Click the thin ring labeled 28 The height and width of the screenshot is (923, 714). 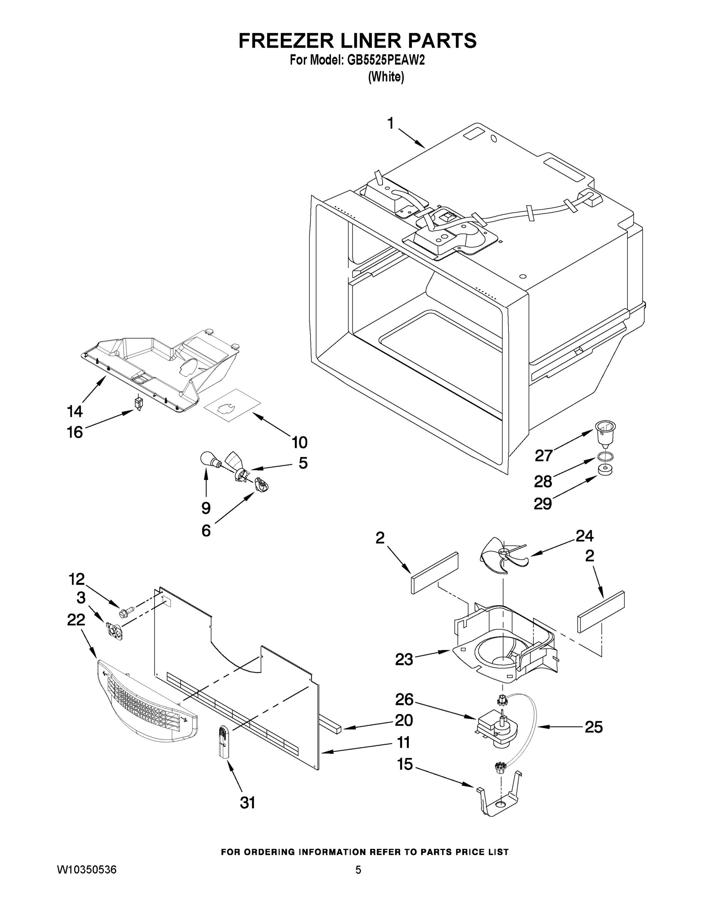[x=604, y=457]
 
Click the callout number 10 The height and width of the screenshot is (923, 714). [x=299, y=443]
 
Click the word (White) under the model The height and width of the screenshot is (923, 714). [x=386, y=77]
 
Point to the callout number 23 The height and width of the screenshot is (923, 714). [x=404, y=659]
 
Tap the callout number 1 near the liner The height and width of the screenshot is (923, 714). [x=390, y=123]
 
